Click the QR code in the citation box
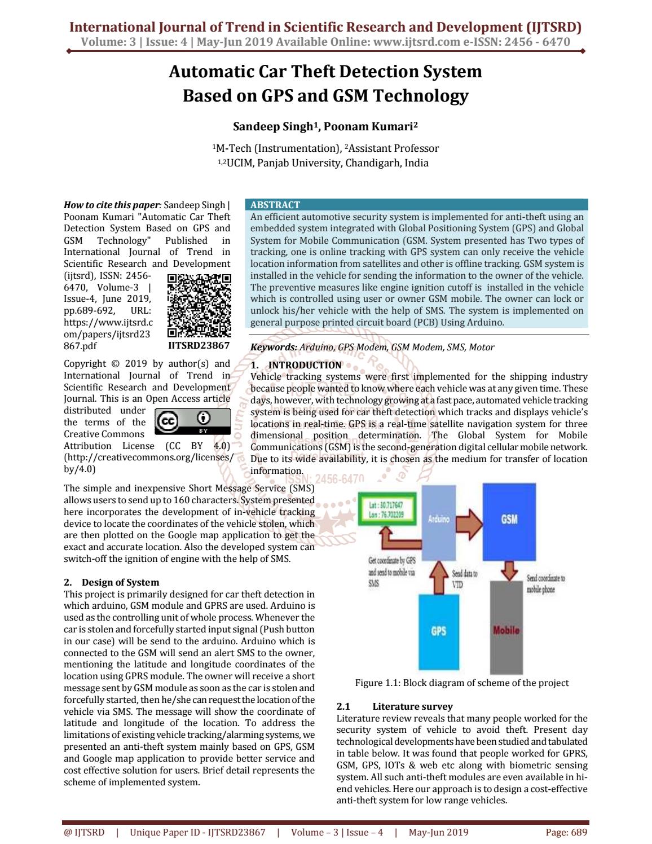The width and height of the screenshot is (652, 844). [200, 305]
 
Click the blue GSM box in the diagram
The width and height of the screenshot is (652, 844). [509, 518]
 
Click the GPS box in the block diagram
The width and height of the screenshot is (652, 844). [438, 631]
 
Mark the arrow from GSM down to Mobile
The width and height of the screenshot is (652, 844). [509, 570]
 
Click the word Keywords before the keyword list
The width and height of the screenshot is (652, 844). [273, 348]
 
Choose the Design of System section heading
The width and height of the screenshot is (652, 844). [120, 582]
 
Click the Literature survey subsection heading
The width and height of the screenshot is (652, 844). [412, 706]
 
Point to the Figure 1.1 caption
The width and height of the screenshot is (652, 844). [461, 683]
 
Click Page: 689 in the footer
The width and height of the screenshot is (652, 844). [566, 832]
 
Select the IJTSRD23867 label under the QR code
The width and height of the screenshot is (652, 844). [199, 345]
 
